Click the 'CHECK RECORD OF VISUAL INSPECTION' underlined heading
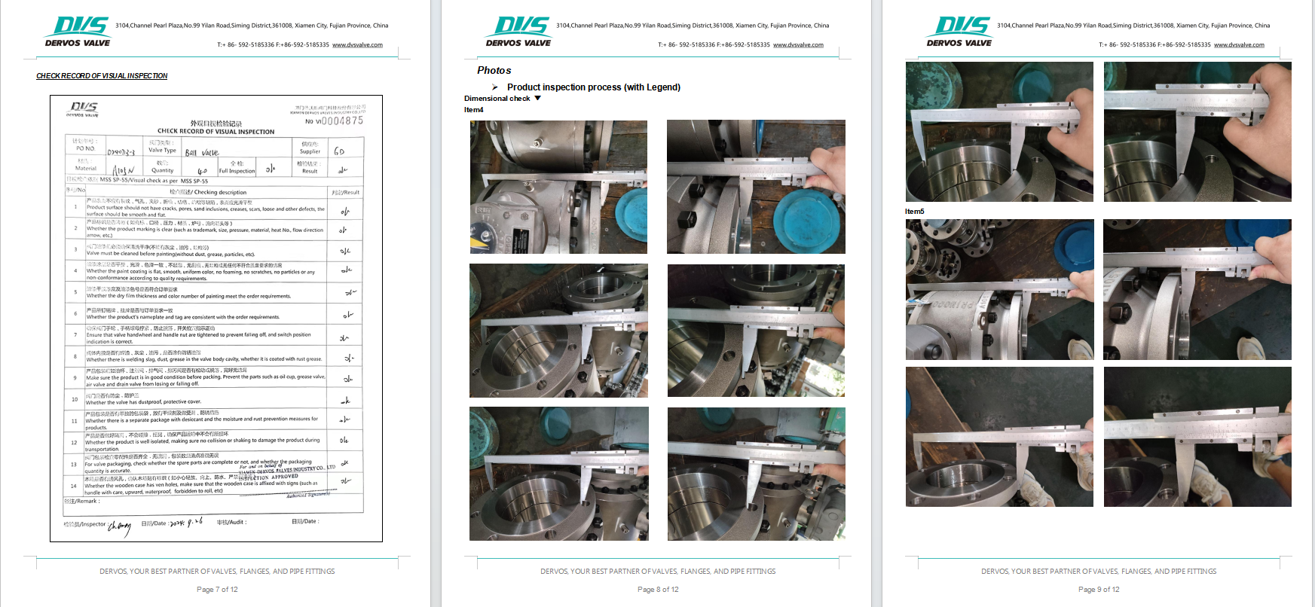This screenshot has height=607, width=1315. coord(102,76)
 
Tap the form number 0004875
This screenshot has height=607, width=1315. coord(341,120)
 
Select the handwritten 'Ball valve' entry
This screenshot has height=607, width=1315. coord(202,153)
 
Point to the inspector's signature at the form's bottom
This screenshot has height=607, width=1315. coord(119,526)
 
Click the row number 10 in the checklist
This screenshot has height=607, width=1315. coord(75,399)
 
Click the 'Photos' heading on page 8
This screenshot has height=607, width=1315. coord(494,70)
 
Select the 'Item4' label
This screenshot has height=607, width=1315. coord(473,110)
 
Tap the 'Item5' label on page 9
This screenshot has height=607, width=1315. coord(914,212)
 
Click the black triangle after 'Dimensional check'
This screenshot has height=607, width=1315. coord(537,98)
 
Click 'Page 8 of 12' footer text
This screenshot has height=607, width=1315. coord(657,590)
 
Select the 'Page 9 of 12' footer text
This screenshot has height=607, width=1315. coord(1098,590)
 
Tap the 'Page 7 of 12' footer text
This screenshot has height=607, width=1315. coord(217,590)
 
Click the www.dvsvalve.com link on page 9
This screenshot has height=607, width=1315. coord(1239,45)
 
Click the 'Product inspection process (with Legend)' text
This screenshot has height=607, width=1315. coord(593,87)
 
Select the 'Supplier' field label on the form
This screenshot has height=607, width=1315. coord(310,151)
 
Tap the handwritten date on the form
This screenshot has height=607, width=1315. coord(186,522)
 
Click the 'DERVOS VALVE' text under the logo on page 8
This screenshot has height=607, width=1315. coord(518,43)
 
